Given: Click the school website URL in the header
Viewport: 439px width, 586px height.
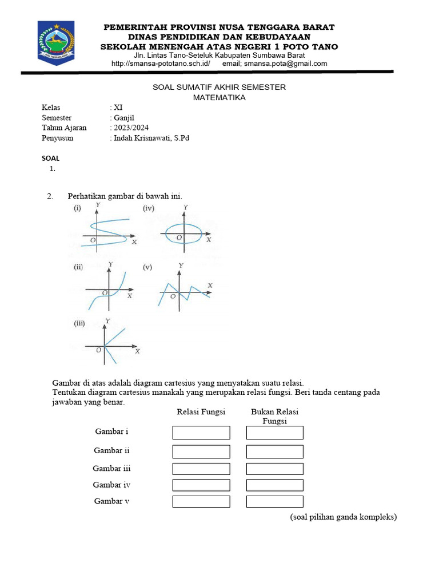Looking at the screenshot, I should [x=161, y=64].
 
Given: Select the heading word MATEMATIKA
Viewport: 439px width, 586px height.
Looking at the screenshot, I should [x=219, y=98].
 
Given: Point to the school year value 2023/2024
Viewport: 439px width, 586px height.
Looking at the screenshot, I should [x=131, y=128].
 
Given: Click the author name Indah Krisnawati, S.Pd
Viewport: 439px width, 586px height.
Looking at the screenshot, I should [x=151, y=138].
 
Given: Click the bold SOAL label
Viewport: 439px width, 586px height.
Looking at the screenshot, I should [x=51, y=159].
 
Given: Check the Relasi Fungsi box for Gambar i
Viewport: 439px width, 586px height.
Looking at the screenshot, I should [x=201, y=433].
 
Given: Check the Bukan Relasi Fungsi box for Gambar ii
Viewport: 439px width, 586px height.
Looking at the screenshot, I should [x=274, y=452].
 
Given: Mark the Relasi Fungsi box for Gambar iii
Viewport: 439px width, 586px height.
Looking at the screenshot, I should [x=201, y=469].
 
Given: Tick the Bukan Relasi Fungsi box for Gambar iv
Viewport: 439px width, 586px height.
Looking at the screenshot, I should [x=274, y=485].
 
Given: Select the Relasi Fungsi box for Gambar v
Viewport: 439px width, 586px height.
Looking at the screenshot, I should [x=201, y=502].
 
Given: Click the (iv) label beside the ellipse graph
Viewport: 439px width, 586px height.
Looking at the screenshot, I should [x=149, y=209].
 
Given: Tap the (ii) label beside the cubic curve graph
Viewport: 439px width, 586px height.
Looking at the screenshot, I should [x=78, y=267].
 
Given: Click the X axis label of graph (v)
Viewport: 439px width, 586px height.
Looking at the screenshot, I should [x=210, y=285].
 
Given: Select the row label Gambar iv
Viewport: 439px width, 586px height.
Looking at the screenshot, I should [x=112, y=485].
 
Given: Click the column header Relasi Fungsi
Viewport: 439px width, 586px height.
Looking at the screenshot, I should [x=201, y=412].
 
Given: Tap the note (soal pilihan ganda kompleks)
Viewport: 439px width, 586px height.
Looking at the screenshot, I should [x=343, y=517].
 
